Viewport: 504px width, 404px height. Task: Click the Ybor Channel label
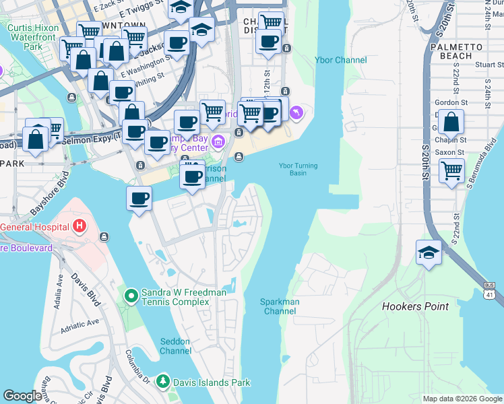click(x=340, y=60)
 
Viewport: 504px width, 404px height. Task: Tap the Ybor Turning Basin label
click(x=298, y=169)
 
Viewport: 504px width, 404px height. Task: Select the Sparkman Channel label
click(x=280, y=306)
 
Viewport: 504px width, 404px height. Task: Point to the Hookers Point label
click(x=415, y=306)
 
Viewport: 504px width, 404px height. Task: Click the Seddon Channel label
click(x=175, y=346)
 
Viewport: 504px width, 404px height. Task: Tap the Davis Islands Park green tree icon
click(x=162, y=382)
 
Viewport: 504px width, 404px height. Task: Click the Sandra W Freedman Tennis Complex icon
click(x=131, y=294)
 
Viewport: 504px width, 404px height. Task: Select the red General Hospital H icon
click(x=80, y=226)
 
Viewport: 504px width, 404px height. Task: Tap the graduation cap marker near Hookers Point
click(x=429, y=253)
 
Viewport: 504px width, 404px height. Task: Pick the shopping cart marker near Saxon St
click(x=451, y=170)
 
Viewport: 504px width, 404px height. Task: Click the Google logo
click(x=22, y=396)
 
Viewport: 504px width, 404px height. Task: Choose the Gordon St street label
click(x=447, y=102)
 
